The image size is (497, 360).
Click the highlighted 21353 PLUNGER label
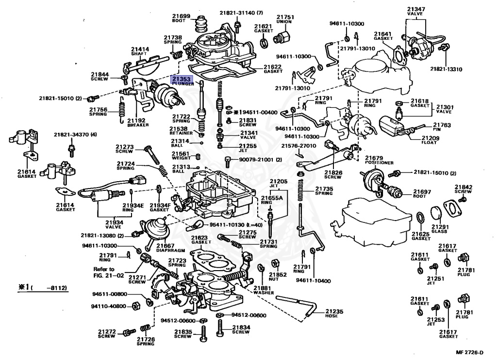[182, 81]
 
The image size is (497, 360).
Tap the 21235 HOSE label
[334, 313]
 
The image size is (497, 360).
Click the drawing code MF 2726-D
[470, 352]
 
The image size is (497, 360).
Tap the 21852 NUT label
[282, 277]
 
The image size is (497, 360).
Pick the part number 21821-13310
[446, 69]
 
